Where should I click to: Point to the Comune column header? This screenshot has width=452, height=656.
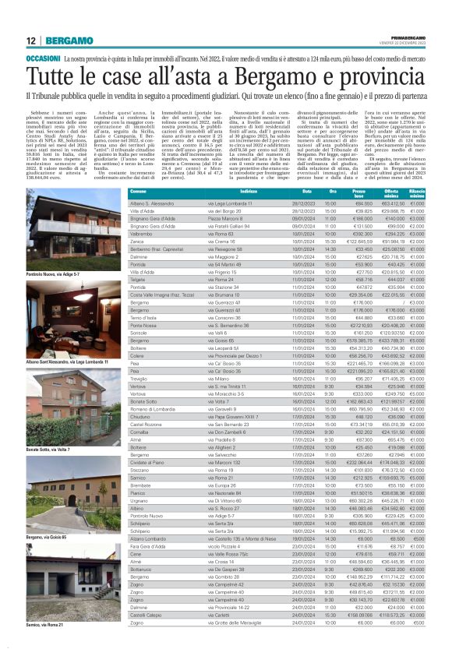[139, 191]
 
